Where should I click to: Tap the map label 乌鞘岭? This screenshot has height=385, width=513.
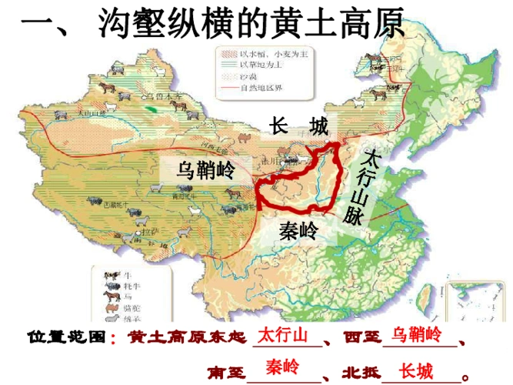point(204,169)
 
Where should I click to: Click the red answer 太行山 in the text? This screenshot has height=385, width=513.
point(282,336)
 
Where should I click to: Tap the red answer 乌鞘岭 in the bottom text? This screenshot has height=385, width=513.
point(416,336)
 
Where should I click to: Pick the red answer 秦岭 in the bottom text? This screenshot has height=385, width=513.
point(282,367)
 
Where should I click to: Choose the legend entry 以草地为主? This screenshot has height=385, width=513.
point(254,65)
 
